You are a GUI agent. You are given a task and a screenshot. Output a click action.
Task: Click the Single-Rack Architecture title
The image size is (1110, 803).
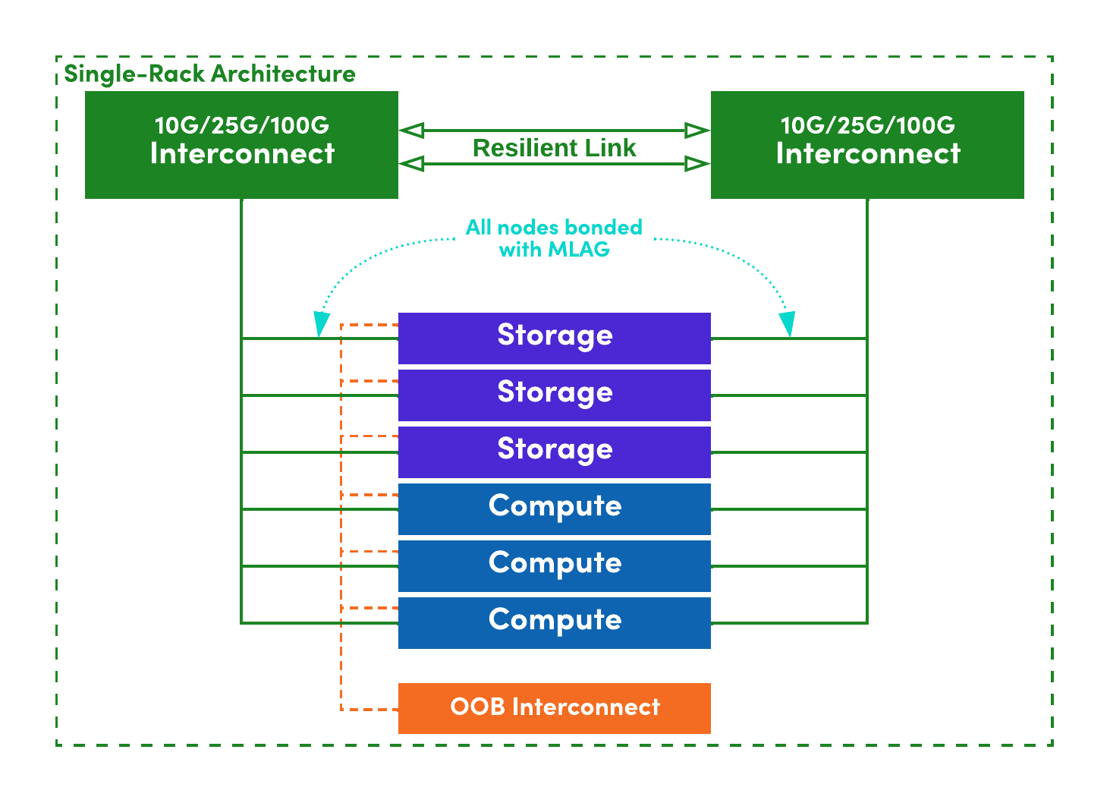click(x=209, y=74)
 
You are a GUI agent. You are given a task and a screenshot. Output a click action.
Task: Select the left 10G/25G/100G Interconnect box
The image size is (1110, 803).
click(x=241, y=145)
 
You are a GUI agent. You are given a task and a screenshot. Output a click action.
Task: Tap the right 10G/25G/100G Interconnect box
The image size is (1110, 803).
click(x=867, y=145)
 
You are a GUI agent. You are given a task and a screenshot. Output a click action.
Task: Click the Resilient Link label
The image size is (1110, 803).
click(x=554, y=148)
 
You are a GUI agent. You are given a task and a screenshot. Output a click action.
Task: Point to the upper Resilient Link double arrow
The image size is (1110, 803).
click(x=554, y=131)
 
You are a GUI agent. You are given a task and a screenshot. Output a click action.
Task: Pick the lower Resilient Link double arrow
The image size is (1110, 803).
click(x=554, y=163)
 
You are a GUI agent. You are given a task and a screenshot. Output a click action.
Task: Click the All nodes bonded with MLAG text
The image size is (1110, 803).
click(x=554, y=238)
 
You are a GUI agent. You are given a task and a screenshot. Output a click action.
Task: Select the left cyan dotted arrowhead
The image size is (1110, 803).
click(x=321, y=325)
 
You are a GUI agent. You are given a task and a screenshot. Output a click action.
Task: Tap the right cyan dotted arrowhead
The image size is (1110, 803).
click(x=789, y=324)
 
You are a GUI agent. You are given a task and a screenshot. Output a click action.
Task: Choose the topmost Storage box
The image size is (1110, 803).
click(x=554, y=339)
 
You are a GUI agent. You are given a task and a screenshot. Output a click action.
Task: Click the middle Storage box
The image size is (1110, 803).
click(x=554, y=395)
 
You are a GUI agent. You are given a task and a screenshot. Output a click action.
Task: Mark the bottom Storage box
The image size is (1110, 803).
click(x=554, y=452)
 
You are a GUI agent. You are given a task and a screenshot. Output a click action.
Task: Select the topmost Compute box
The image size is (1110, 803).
click(x=554, y=509)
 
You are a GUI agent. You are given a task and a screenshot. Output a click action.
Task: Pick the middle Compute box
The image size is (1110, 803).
click(x=554, y=566)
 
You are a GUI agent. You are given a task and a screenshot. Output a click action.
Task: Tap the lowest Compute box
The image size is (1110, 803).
click(x=554, y=623)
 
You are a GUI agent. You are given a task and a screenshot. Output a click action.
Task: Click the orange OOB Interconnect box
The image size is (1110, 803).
click(x=554, y=708)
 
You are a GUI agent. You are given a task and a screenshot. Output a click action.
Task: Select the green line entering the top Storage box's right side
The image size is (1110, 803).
click(x=789, y=339)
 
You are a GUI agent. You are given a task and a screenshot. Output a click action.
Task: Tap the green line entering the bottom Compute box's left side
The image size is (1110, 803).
click(x=319, y=623)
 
